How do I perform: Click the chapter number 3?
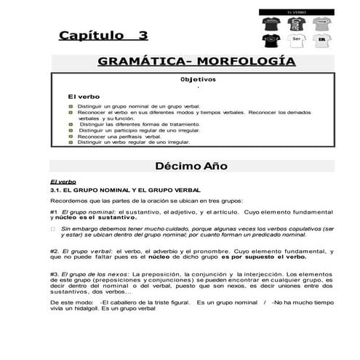coord(143,35)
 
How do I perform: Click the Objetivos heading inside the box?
coord(197,79)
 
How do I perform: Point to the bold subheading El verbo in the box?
coord(84,96)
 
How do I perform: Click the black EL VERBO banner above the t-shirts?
coord(295,12)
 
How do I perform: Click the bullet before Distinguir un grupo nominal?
coord(63,107)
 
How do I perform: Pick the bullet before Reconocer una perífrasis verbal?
coord(63,137)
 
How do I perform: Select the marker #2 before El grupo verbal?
coord(54,251)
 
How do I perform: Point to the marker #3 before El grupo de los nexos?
coord(54,273)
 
